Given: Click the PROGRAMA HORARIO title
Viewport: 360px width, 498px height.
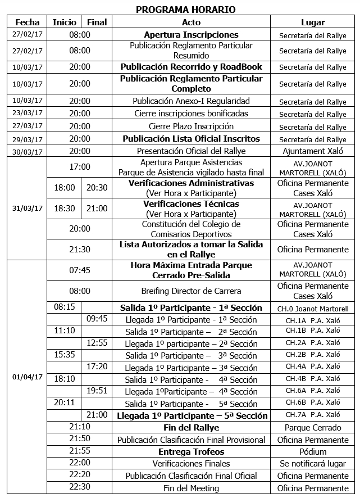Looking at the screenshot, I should [185, 9].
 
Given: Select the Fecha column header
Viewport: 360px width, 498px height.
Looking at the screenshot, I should [28, 22].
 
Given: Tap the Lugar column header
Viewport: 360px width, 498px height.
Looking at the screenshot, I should [312, 22].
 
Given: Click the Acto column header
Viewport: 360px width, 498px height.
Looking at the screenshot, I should [191, 22].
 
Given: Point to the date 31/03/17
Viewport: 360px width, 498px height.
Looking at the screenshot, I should [28, 208].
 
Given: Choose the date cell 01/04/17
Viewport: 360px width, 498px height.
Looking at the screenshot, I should [28, 377].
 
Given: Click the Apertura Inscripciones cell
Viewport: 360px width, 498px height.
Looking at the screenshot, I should [191, 35].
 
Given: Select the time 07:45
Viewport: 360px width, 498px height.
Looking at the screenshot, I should [80, 270].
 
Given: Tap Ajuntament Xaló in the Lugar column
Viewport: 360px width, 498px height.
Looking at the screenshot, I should [312, 151].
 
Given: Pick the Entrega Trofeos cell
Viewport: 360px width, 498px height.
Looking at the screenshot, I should [191, 452].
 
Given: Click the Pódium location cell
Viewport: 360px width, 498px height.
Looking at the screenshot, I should [312, 452].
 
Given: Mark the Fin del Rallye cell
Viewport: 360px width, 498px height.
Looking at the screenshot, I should [191, 428].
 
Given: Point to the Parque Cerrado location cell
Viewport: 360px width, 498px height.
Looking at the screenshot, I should [312, 428].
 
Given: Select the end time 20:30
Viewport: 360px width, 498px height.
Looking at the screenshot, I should [97, 188].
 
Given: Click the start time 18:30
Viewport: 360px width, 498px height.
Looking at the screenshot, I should [64, 209].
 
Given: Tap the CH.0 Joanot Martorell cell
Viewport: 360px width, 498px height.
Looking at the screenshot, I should [312, 308].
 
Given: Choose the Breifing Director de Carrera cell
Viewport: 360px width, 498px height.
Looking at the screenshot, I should [191, 291].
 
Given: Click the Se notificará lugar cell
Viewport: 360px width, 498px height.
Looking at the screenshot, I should [312, 464].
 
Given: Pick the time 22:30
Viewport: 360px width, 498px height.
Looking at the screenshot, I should [80, 487].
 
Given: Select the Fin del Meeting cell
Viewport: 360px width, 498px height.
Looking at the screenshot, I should [191, 488].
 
